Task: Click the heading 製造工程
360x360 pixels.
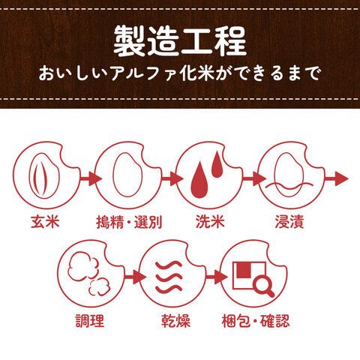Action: [x=180, y=40]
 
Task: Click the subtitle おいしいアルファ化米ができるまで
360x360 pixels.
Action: [x=180, y=75]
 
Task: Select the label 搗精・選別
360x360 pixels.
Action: [x=130, y=223]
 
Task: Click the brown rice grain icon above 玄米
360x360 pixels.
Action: [x=43, y=177]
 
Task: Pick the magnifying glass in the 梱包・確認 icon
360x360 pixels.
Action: [x=260, y=283]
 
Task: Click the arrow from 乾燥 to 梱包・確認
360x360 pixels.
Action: [x=212, y=277]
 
